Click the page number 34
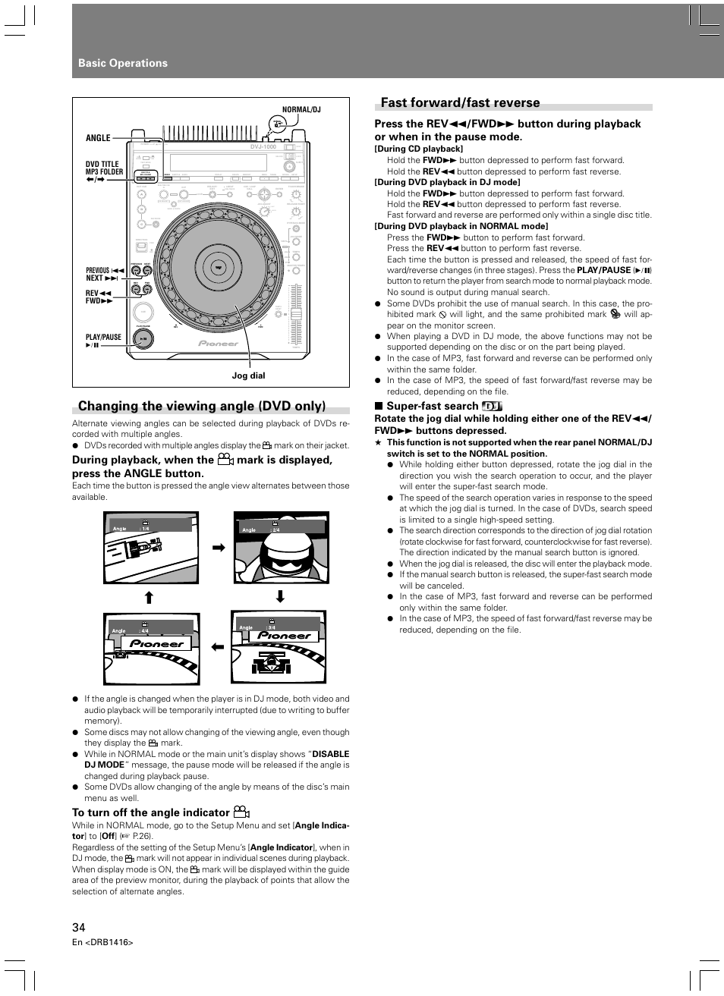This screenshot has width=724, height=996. coord(79,927)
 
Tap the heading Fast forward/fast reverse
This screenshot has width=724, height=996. coord(460,102)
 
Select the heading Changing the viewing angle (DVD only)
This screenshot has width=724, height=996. coord(202,406)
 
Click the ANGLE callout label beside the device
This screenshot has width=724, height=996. coord(98,138)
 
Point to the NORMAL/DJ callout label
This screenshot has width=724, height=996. coord(301,110)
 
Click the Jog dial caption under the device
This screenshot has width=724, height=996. coord(248,375)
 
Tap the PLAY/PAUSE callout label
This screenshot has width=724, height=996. coord(103,338)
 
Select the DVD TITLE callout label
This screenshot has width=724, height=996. coord(102,164)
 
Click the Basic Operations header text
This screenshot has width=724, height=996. coord(123,63)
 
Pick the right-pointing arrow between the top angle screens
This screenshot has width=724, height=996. coord(219,547)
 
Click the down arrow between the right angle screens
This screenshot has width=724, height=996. coord(280,597)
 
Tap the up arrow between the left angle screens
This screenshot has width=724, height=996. coord(149,597)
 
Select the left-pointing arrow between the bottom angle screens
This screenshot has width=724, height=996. coord(219,647)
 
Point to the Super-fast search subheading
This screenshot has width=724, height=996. coord(432,406)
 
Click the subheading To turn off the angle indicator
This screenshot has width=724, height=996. coord(151,812)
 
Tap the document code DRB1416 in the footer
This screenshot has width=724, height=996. coord(109,942)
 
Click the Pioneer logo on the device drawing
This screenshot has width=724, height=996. coord(219,343)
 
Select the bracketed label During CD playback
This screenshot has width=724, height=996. coord(418,149)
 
